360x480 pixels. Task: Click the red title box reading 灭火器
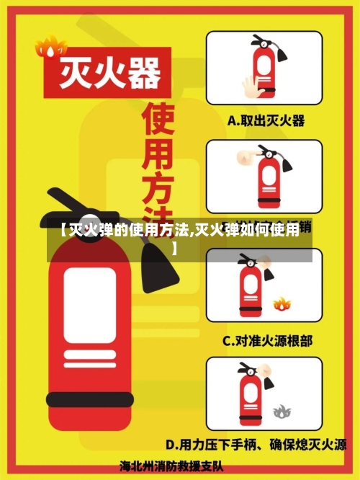pyautogui.click(x=107, y=73)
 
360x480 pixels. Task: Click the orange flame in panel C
pyautogui.click(x=281, y=303)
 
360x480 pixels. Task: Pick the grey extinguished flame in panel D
pyautogui.click(x=282, y=412)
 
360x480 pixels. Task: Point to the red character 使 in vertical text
pyautogui.click(x=159, y=122)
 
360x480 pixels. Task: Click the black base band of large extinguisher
pyautogui.click(x=89, y=399)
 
